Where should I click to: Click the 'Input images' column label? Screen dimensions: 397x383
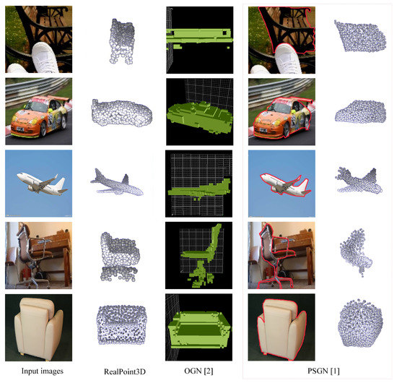pyautogui.click(x=43, y=371)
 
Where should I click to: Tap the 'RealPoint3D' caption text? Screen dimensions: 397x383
pyautogui.click(x=125, y=371)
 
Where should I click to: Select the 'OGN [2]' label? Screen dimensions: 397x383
pyautogui.click(x=198, y=371)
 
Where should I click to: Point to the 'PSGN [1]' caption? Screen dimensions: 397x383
pyautogui.click(x=323, y=371)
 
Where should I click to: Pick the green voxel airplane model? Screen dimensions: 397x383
pyautogui.click(x=199, y=189)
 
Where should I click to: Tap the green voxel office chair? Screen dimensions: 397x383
pyautogui.click(x=204, y=255)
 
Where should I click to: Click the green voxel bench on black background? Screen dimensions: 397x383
pyautogui.click(x=199, y=38)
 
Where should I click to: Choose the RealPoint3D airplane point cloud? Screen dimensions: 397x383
pyautogui.click(x=117, y=184)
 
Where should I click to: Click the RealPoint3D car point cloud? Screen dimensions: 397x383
pyautogui.click(x=122, y=113)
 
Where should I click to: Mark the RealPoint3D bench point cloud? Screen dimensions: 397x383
pyautogui.click(x=122, y=40)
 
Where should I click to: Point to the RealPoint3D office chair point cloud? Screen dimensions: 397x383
pyautogui.click(x=120, y=257)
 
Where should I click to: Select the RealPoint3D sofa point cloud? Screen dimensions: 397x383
pyautogui.click(x=122, y=324)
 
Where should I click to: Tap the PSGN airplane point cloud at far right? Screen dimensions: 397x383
pyautogui.click(x=359, y=180)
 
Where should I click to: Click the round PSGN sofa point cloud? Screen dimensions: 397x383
pyautogui.click(x=360, y=323)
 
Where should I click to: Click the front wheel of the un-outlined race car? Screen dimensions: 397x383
pyautogui.click(x=43, y=129)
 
